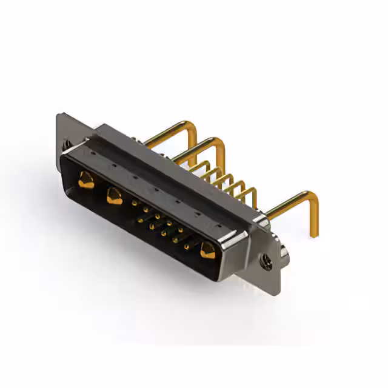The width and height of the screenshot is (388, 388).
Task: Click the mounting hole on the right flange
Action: click(266, 261)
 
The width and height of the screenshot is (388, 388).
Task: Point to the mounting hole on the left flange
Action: click(66, 145)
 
